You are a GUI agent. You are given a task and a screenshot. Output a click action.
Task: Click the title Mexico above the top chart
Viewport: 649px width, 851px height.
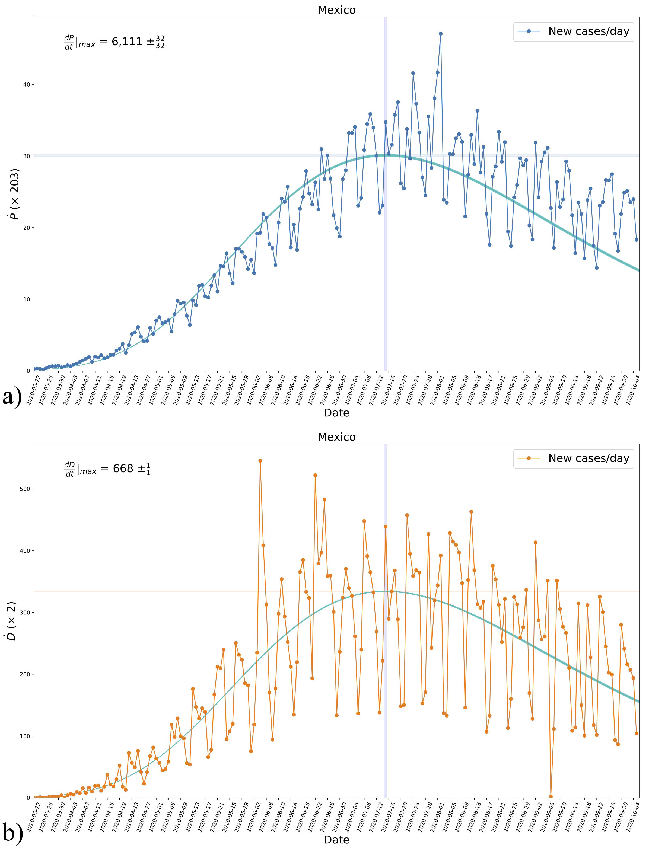(x=336, y=10)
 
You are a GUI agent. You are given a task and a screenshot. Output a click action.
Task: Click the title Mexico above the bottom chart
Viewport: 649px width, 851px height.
(x=336, y=437)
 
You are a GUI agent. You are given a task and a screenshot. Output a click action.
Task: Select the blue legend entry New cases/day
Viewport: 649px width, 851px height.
(x=573, y=31)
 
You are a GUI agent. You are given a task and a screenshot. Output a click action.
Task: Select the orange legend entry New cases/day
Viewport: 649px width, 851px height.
(x=573, y=458)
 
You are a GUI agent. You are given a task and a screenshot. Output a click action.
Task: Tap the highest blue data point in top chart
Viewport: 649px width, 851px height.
(x=440, y=34)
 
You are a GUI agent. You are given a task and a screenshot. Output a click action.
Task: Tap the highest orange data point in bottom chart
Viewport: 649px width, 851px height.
(x=260, y=460)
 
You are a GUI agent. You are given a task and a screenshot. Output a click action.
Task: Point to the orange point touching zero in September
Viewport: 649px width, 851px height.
(x=551, y=796)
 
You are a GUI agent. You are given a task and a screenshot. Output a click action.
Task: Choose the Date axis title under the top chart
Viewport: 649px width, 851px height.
(x=336, y=413)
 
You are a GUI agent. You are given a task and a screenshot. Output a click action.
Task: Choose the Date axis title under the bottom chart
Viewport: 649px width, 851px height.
(x=336, y=839)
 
